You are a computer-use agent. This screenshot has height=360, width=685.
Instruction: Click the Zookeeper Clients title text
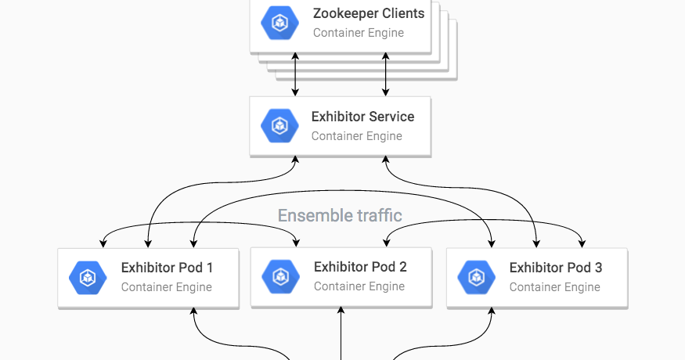click(x=369, y=13)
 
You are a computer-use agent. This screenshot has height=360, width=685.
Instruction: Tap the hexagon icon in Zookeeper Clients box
click(x=279, y=23)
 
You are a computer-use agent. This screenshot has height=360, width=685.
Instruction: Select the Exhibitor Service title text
click(x=362, y=117)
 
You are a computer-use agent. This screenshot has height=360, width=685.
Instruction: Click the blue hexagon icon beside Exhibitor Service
click(x=279, y=126)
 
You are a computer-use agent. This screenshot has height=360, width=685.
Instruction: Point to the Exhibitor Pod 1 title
click(x=167, y=268)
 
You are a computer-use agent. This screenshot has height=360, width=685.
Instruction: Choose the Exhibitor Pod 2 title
click(x=360, y=267)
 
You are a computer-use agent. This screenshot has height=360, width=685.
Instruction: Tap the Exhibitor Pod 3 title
click(x=556, y=268)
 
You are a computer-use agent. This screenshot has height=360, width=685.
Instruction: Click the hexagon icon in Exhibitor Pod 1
click(x=88, y=277)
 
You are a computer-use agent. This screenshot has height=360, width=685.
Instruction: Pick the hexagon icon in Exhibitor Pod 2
click(x=279, y=276)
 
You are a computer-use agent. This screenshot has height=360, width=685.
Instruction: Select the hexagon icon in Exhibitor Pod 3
click(x=476, y=277)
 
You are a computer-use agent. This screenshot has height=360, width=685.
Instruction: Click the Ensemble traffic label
click(x=340, y=215)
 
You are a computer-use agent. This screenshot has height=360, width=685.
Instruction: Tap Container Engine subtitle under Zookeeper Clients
click(x=359, y=33)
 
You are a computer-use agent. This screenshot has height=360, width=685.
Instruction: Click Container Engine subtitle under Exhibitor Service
click(x=356, y=136)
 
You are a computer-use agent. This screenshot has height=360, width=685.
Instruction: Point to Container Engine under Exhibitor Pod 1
click(x=166, y=287)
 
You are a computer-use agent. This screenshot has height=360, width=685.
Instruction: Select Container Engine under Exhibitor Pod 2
click(x=359, y=286)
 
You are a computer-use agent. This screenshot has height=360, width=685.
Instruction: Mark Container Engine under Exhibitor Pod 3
click(x=554, y=287)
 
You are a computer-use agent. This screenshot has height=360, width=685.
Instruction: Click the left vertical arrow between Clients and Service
click(x=295, y=74)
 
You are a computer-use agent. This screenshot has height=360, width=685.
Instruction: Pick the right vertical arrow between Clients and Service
click(x=385, y=74)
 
